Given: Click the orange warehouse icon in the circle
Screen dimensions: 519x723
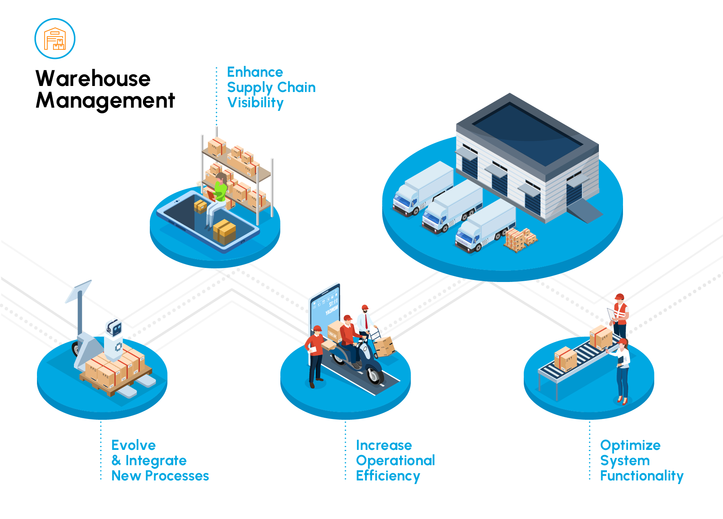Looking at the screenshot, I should coord(55,39).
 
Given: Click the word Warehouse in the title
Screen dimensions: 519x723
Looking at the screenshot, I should coord(93,78).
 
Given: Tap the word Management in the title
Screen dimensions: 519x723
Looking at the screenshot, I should coord(105,100).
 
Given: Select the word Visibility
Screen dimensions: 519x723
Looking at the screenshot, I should coord(255,103).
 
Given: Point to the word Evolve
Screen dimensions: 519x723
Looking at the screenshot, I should coord(133,445).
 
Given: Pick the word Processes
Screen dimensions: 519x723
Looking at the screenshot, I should coord(177,476).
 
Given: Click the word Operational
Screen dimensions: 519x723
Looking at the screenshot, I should coord(395,460).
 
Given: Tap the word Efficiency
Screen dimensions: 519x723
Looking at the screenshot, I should coord(388,476).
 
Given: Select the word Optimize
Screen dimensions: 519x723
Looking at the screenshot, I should coord(630,445).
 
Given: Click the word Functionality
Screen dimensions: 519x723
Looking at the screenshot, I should coord(641,476).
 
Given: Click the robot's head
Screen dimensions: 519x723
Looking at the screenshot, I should coord(114,328).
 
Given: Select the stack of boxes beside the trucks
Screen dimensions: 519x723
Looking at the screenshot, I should coord(521,239).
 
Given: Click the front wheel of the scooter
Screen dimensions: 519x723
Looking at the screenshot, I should coord(374,375).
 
